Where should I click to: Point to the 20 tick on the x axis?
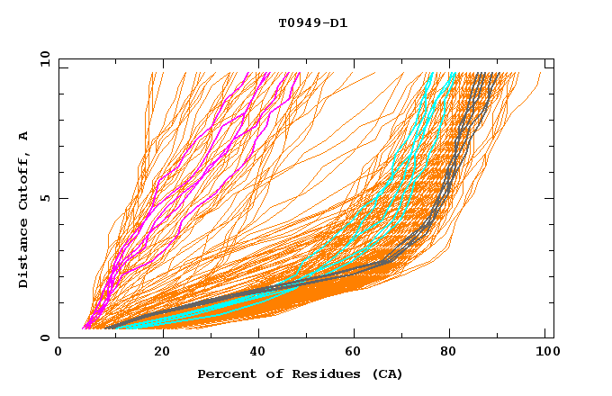click(x=162, y=354)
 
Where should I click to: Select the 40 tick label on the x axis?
click(x=259, y=354)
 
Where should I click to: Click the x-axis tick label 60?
click(x=356, y=354)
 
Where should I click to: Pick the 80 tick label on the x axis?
click(x=454, y=354)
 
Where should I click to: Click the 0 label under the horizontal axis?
click(x=59, y=354)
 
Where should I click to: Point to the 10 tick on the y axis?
click(x=43, y=59)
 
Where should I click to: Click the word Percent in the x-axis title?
click(x=224, y=374)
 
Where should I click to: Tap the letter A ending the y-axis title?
click(x=23, y=136)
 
